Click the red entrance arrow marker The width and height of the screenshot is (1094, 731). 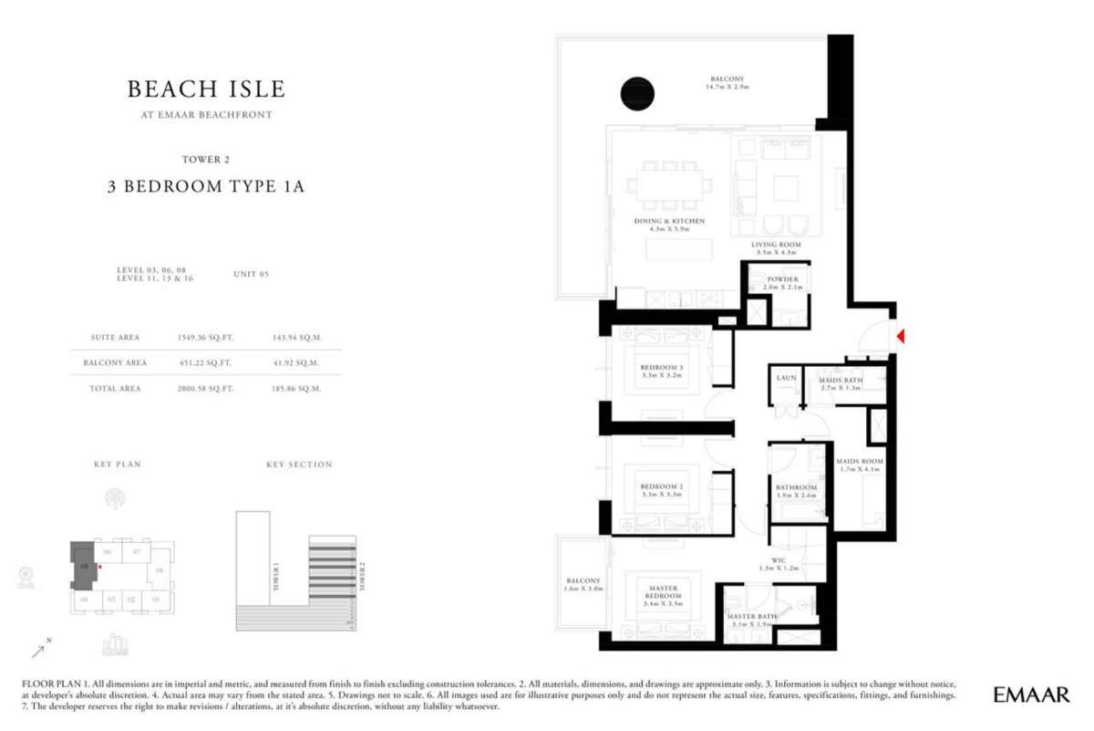(900, 337)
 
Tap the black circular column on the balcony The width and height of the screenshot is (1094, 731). (637, 92)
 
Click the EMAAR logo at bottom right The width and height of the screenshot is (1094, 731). (1031, 694)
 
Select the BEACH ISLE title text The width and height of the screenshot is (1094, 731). (206, 89)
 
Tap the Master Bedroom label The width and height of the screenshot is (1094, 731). (663, 591)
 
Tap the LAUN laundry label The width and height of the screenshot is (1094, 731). (786, 377)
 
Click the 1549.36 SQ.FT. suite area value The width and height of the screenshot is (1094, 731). (205, 337)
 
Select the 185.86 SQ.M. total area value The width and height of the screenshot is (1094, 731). (298, 388)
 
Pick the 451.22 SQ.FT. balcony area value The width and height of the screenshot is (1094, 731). (205, 362)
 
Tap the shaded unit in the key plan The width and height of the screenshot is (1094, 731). (81, 566)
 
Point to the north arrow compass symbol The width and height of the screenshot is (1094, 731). (40, 651)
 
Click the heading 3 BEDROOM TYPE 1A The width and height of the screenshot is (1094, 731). (206, 187)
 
